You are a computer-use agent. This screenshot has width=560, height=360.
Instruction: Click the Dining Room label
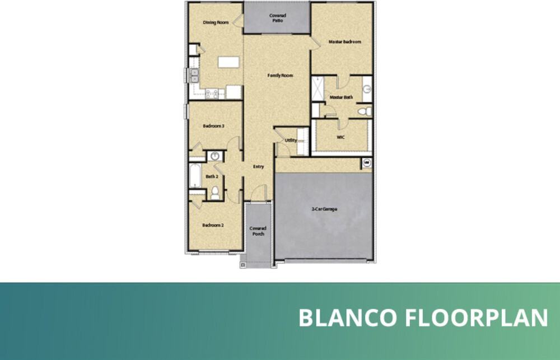[x=216, y=22]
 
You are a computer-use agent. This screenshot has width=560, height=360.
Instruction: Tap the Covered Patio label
[x=277, y=17]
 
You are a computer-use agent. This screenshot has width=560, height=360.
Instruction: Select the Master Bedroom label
[x=344, y=41]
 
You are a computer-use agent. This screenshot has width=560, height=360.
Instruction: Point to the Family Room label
[x=280, y=75]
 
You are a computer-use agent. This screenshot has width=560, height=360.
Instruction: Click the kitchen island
[x=227, y=62]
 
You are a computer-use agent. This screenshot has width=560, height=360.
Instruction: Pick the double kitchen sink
[x=194, y=76]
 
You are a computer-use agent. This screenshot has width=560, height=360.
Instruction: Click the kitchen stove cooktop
[x=212, y=93]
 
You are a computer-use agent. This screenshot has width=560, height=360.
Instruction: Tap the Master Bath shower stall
[x=318, y=88]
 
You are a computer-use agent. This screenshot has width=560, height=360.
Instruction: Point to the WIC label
[x=340, y=136]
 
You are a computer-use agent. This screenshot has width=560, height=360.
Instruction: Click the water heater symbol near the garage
[x=367, y=163]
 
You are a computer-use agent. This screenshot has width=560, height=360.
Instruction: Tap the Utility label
[x=291, y=141]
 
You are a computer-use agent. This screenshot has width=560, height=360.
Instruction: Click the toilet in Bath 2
[x=215, y=193]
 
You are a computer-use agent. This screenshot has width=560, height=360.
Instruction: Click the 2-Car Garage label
[x=324, y=209]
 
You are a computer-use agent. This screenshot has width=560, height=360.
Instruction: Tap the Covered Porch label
[x=258, y=231]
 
